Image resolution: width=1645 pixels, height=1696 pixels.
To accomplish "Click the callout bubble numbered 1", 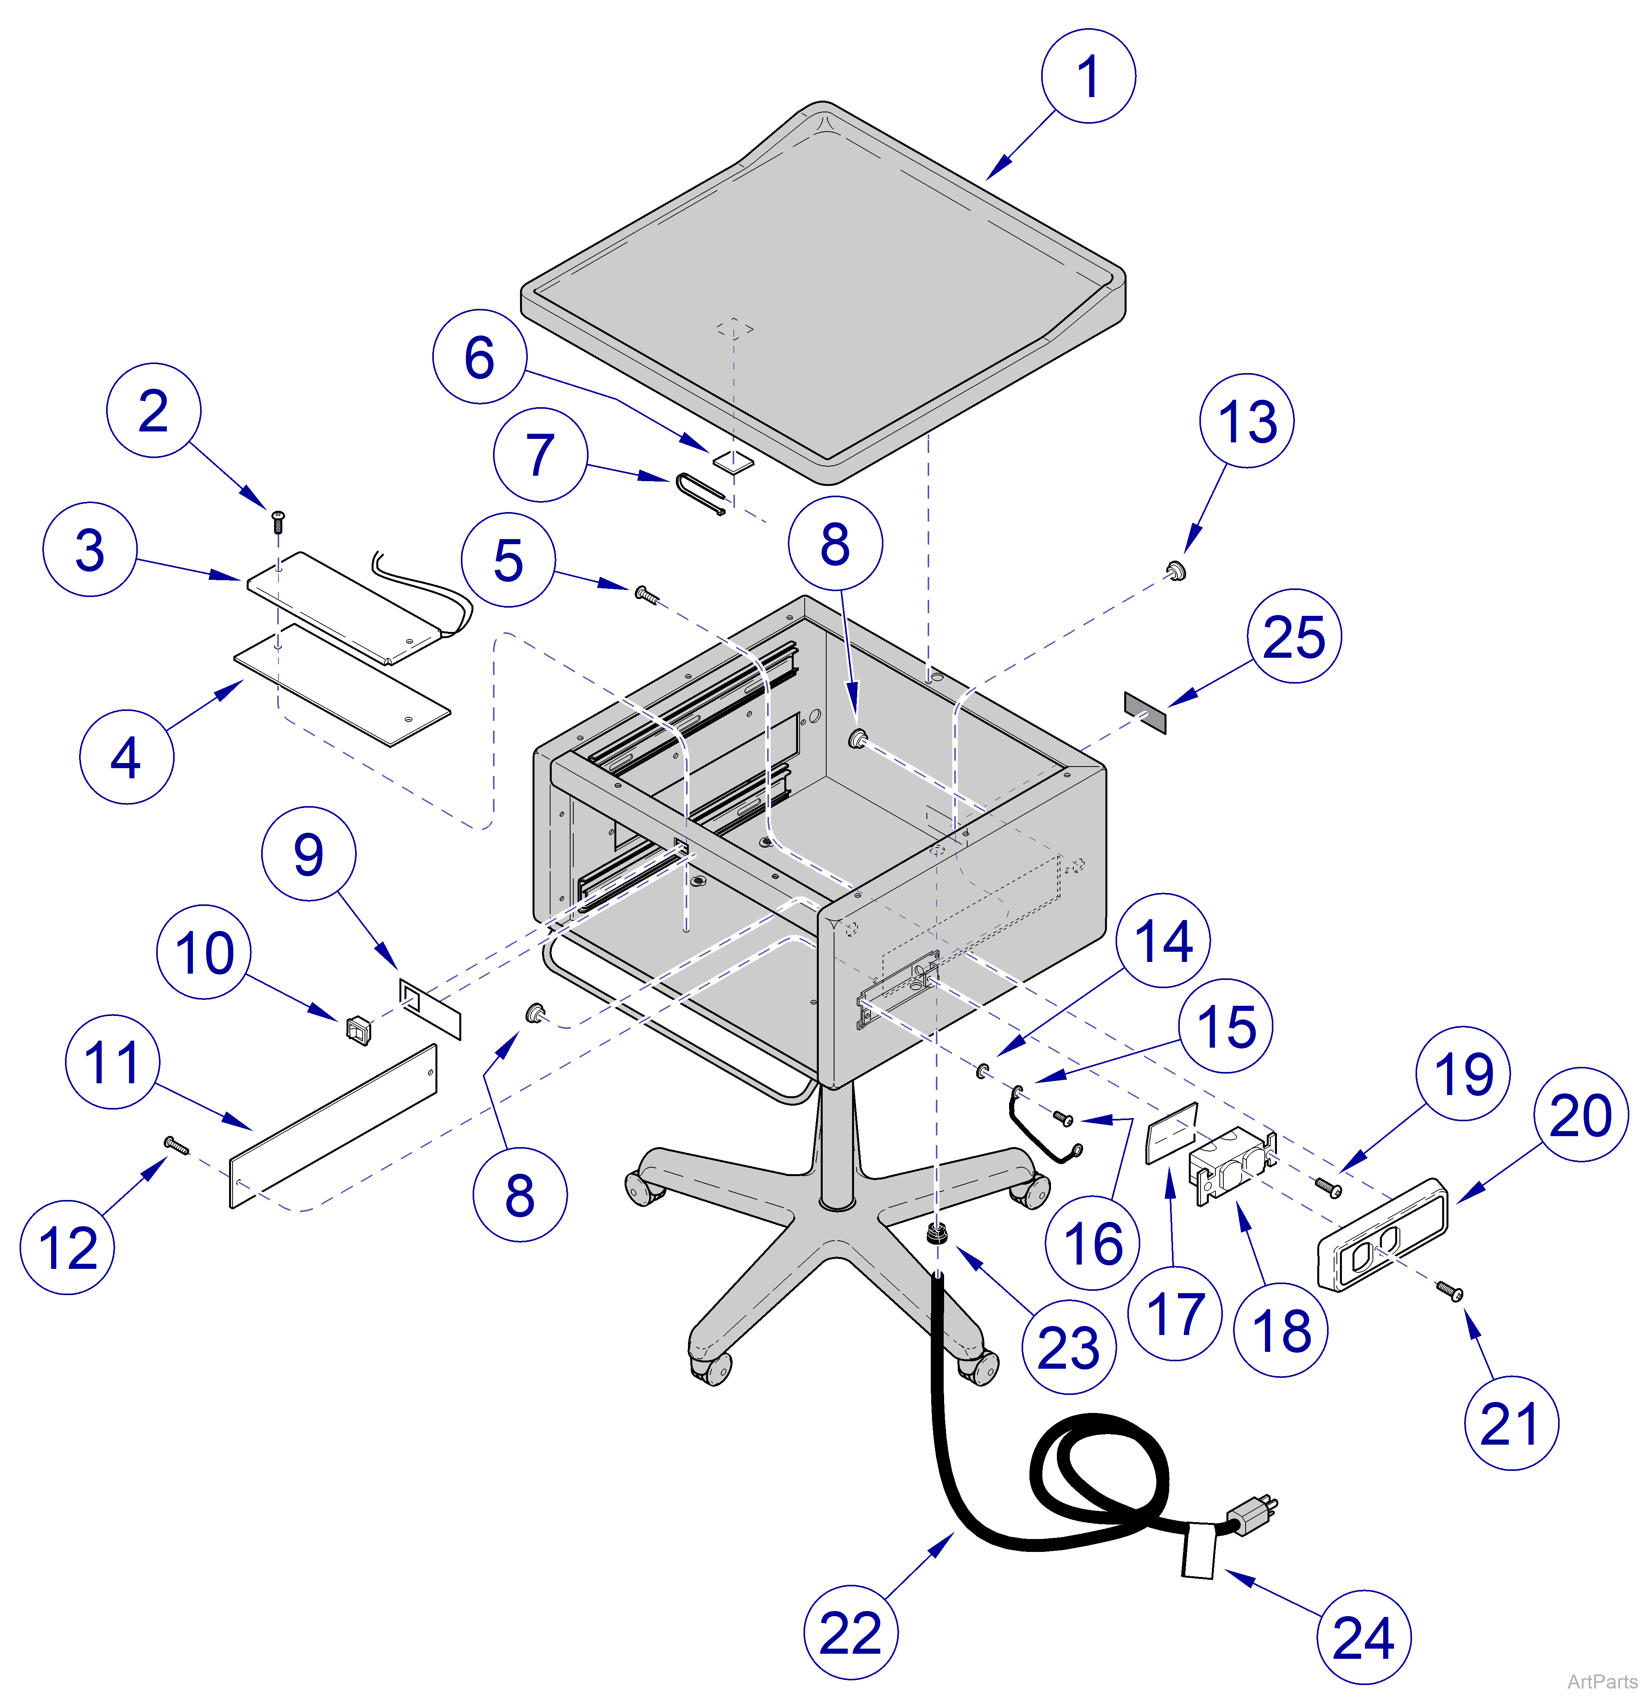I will [1088, 76].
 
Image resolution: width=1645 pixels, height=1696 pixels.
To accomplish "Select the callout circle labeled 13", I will [1246, 421].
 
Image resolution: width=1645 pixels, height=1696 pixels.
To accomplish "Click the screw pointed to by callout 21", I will [1450, 1292].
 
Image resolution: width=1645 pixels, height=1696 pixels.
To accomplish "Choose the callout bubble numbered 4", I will [126, 757].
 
